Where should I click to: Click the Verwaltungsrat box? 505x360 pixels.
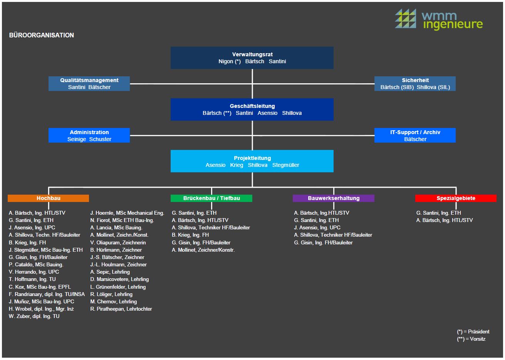pos(252,58)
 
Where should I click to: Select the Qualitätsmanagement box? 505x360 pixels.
pos(89,84)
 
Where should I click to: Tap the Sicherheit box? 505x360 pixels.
pos(415,84)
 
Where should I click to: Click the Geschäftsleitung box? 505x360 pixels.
pos(252,109)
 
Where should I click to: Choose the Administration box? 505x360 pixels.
pos(89,135)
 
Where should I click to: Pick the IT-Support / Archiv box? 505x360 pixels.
pos(415,135)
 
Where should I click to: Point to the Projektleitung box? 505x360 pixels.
pos(252,161)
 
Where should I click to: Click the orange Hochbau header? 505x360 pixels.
pos(48,198)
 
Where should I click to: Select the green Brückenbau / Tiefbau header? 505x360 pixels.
pos(211,198)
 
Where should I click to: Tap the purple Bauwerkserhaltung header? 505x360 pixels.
pos(334,198)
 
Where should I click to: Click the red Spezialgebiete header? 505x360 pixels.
pos(456,198)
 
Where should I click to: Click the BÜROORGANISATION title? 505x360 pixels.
pos(42,35)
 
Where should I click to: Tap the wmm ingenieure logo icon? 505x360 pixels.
pos(405,19)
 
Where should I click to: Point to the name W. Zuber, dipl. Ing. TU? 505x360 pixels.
pos(34,316)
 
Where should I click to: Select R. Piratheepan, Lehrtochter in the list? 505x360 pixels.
pos(121,309)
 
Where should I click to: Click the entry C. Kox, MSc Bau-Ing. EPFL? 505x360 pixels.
pos(40,287)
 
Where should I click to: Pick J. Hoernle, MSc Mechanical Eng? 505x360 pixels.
pos(127,213)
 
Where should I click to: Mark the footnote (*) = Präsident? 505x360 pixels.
pos(473,331)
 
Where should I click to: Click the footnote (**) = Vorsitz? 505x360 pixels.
pos(471,339)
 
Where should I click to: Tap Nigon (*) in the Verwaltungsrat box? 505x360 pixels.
pos(230,61)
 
